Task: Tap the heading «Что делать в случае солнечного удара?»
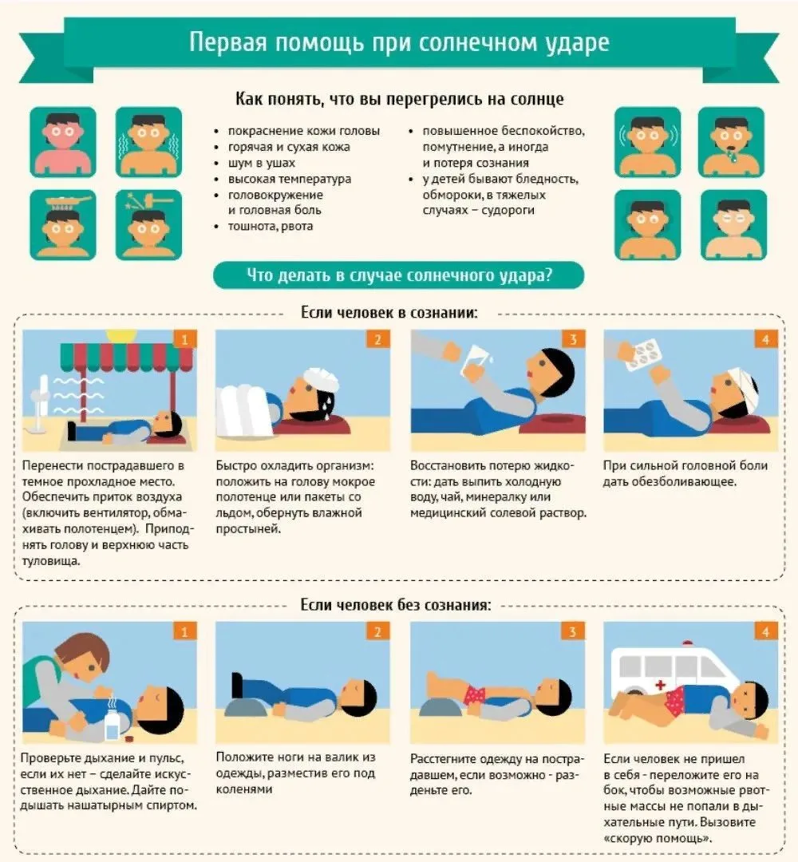(399, 275)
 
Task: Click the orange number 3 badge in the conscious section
(573, 339)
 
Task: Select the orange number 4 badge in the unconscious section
(766, 631)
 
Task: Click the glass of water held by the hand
(474, 359)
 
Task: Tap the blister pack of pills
(644, 351)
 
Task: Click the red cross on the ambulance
(660, 685)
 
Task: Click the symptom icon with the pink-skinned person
(63, 142)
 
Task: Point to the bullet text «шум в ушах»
(262, 163)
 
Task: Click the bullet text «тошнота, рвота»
(271, 226)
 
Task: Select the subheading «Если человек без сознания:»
(396, 605)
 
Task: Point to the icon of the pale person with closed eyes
(733, 225)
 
